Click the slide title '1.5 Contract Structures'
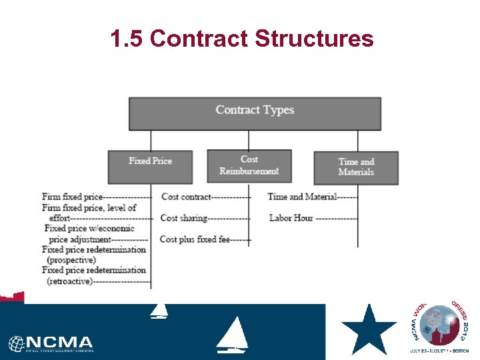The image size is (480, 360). (x=242, y=39)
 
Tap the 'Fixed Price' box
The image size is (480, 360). (x=150, y=167)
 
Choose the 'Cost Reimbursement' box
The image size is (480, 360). (x=249, y=166)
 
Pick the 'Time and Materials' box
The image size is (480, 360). (x=356, y=167)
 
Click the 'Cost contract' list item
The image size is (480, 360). (x=186, y=197)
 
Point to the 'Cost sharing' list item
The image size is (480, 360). (x=184, y=218)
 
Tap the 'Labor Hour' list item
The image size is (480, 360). (x=291, y=218)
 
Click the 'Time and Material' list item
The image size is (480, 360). (x=302, y=197)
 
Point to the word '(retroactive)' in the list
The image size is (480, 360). (x=69, y=281)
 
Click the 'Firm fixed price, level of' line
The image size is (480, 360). (x=89, y=207)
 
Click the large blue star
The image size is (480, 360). (x=369, y=329)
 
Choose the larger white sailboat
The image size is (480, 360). (x=233, y=335)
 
